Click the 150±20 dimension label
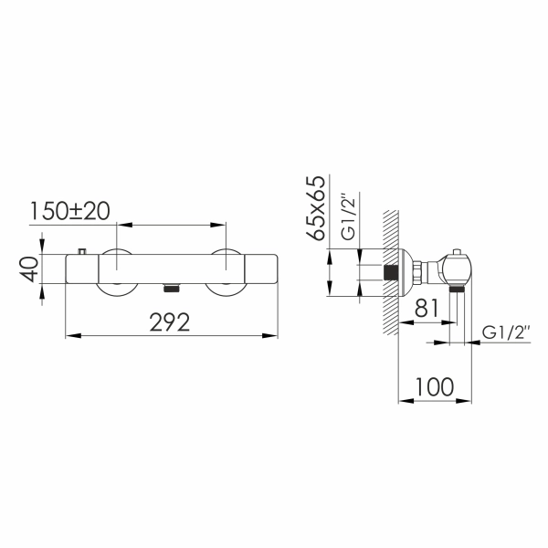(70, 211)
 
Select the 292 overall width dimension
(170, 322)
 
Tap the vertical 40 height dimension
(30, 269)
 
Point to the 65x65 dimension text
(315, 208)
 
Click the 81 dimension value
(426, 308)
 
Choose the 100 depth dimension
(435, 386)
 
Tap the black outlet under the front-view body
(172, 288)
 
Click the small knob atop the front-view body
(82, 251)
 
